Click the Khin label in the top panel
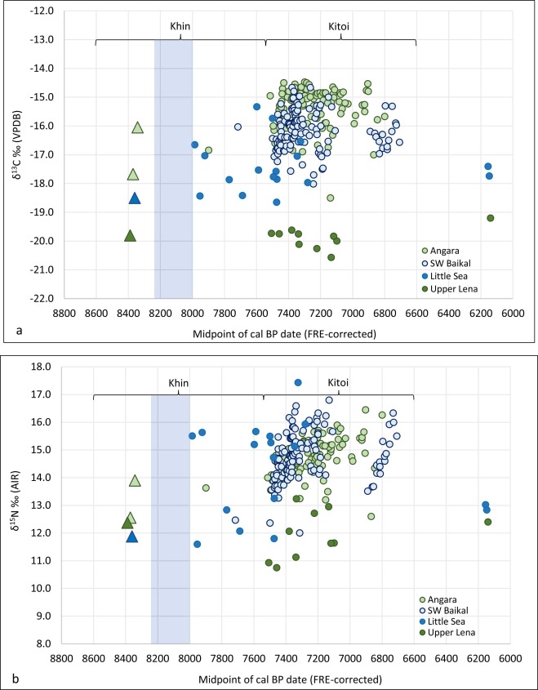tap(180, 25)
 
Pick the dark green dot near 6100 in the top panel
tap(491, 217)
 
